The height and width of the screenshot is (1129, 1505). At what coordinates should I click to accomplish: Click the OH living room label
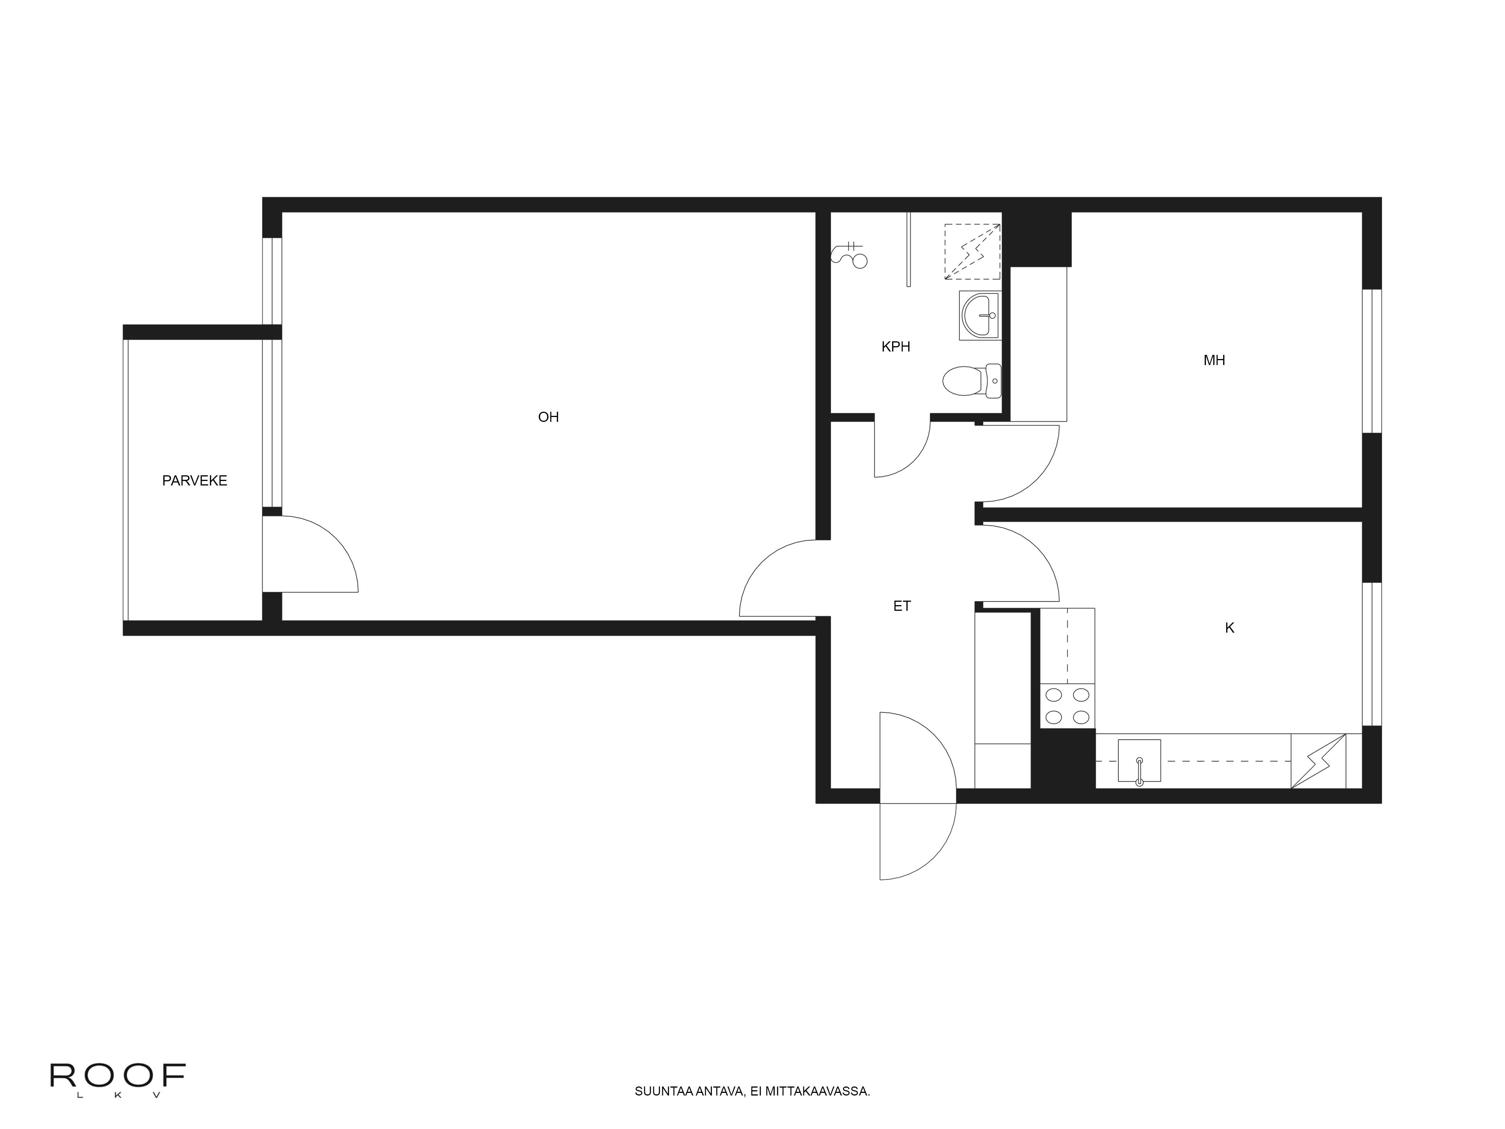[549, 417]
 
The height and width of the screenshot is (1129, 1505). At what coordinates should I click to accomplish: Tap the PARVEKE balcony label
[195, 481]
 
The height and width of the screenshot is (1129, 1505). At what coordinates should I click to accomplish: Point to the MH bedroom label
[1214, 361]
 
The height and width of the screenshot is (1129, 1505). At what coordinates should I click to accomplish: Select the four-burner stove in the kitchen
[1067, 706]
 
